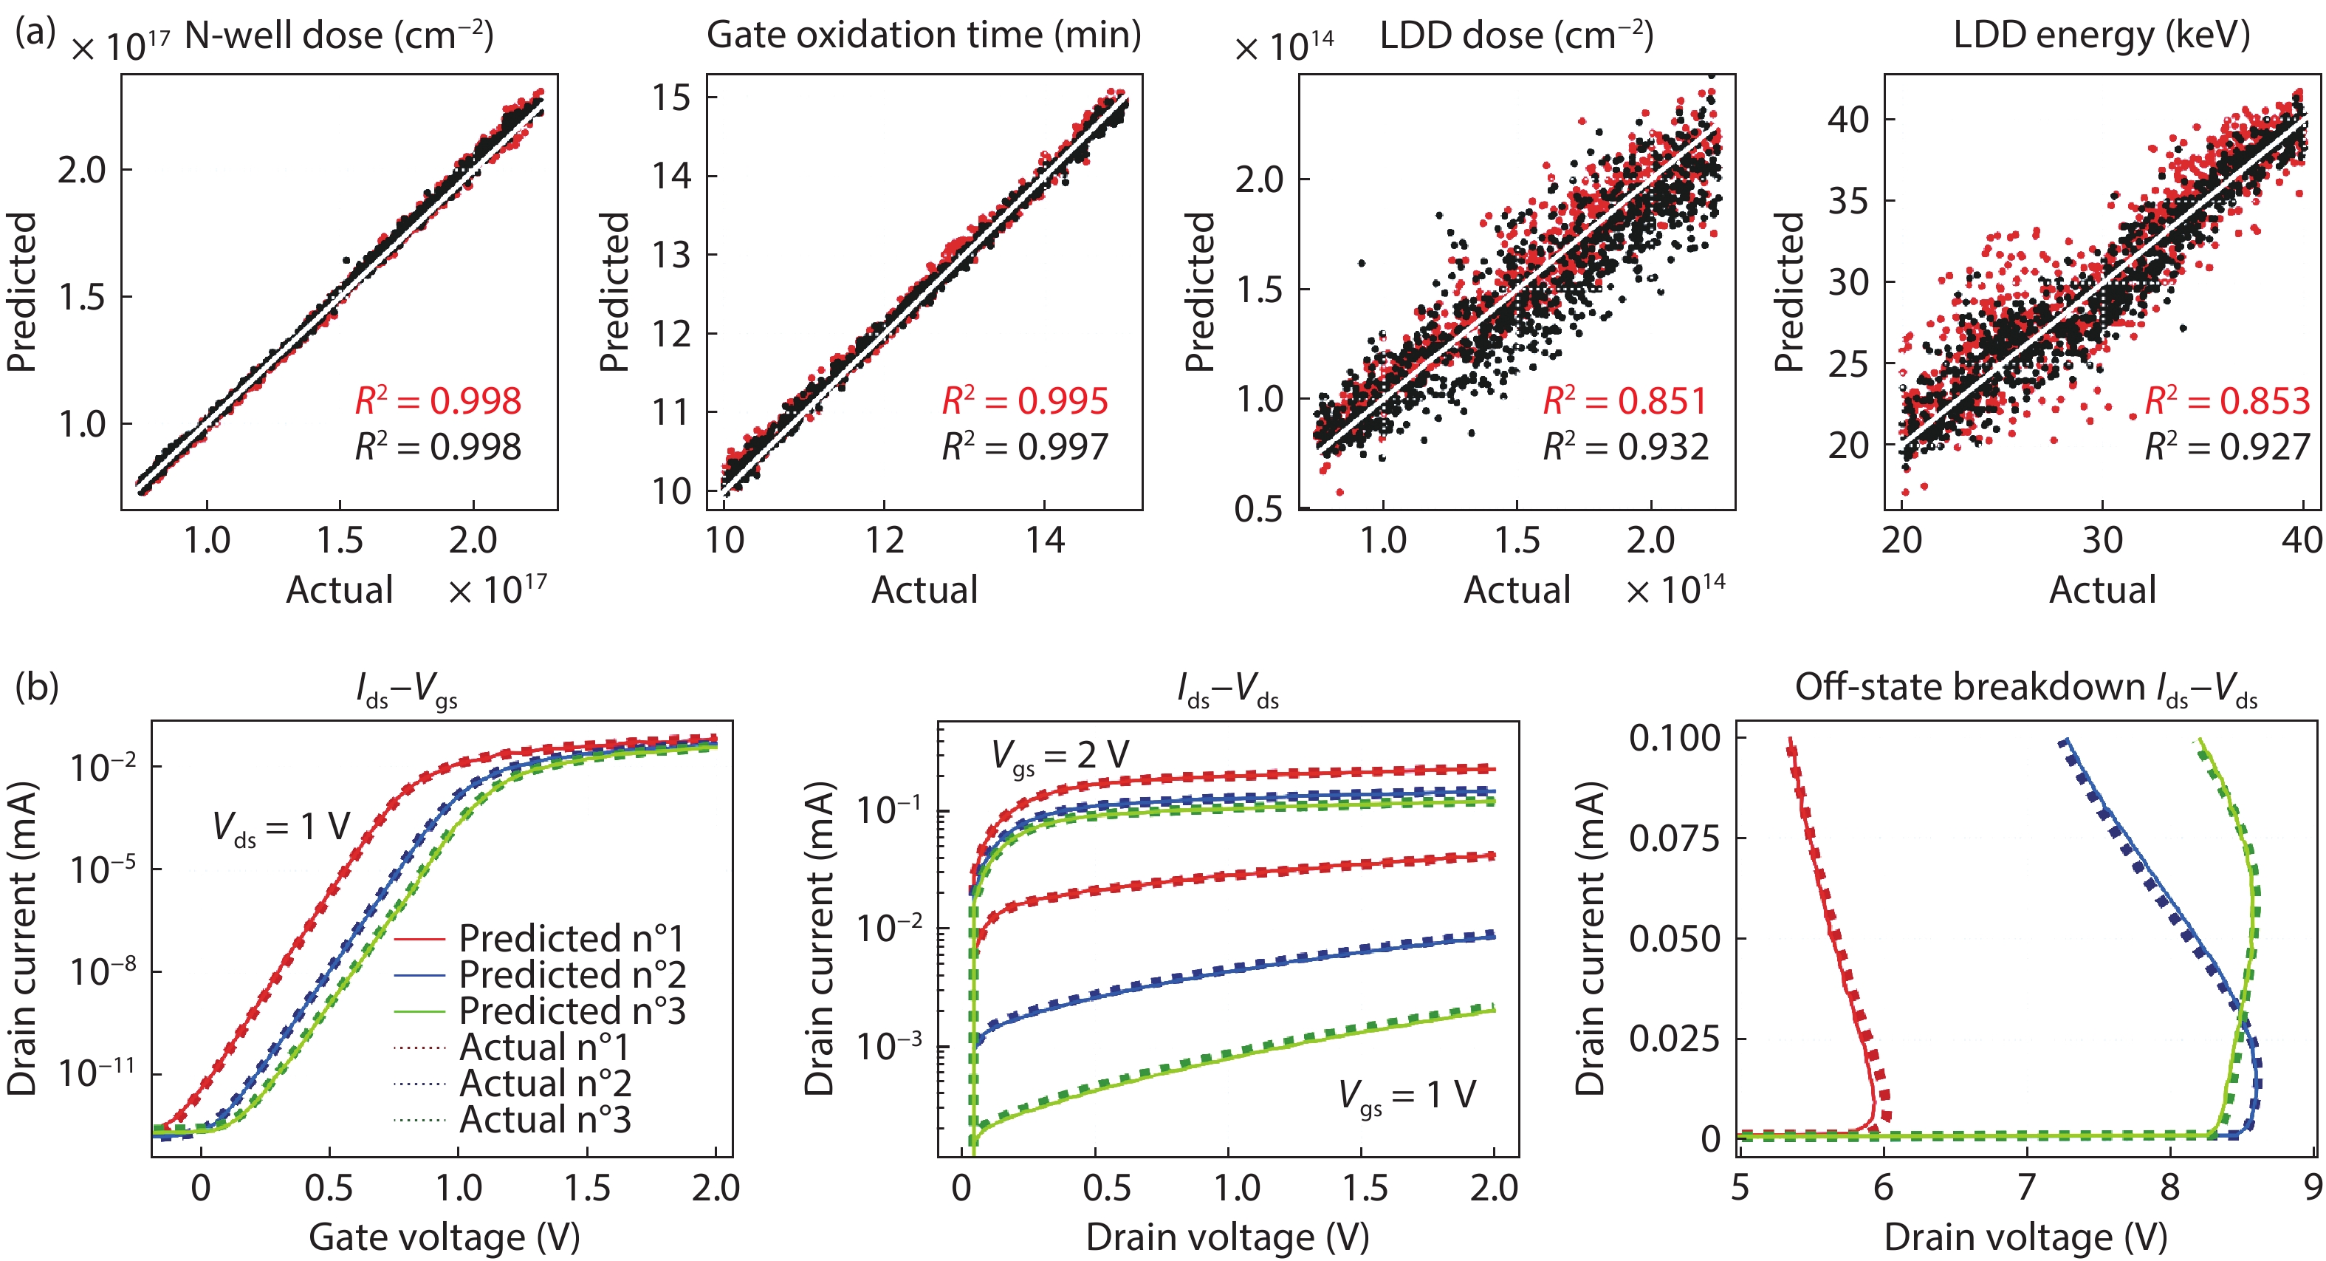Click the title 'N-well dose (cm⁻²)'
coord(339,36)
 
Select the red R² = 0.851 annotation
coord(1625,401)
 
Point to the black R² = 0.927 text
coord(2226,447)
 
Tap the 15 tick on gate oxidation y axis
coord(672,97)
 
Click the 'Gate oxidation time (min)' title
coord(924,36)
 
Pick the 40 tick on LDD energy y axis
coord(1848,118)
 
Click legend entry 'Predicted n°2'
coord(572,974)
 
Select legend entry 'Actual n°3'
coord(544,1120)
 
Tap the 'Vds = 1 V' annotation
coord(281,827)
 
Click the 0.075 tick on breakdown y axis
coord(1675,838)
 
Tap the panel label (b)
coord(36,686)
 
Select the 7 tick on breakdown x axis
coord(2026,1187)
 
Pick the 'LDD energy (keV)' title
coord(2102,36)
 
